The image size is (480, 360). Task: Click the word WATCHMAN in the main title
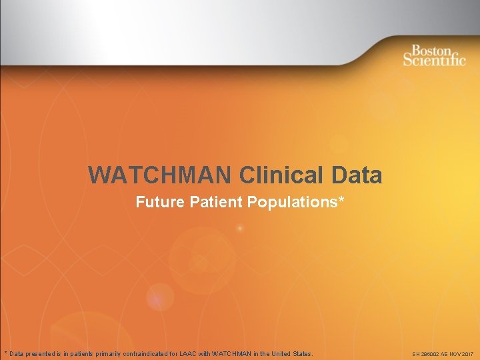coord(161,175)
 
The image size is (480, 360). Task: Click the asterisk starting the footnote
coord(5,353)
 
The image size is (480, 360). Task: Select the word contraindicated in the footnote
coord(149,353)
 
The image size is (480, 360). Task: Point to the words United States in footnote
coord(291,353)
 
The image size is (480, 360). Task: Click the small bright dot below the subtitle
coord(239,229)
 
